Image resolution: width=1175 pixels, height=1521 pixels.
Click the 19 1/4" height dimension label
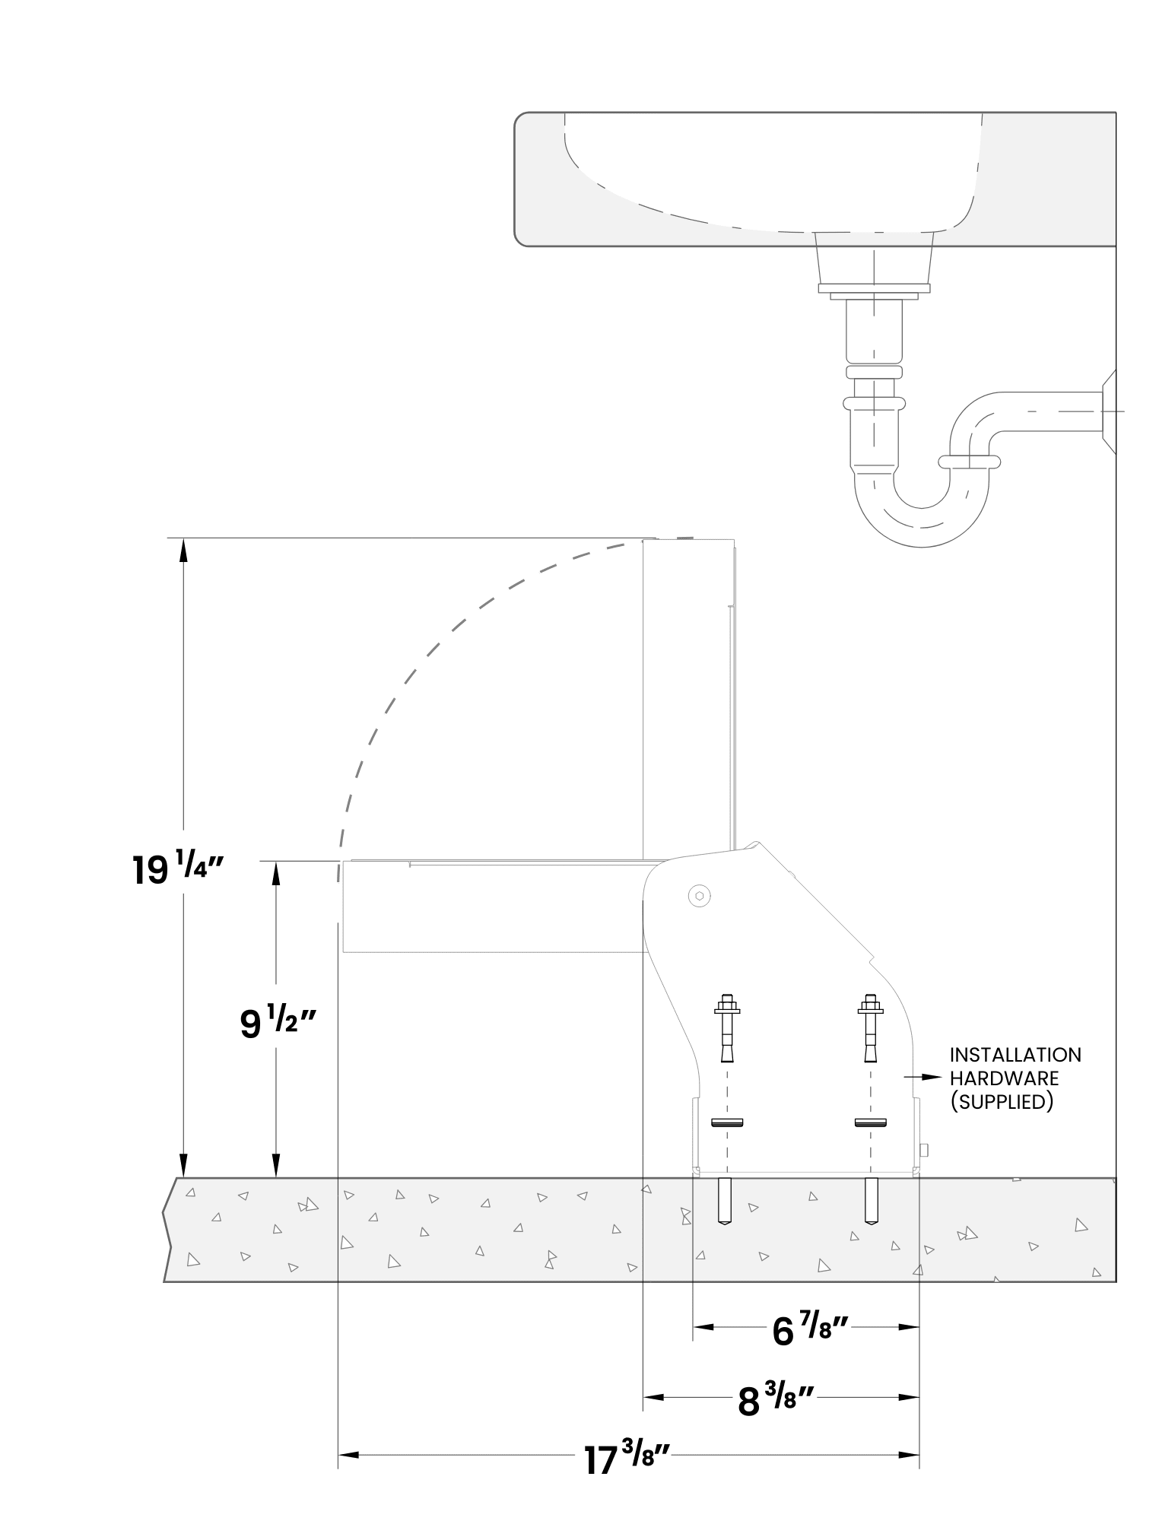[x=177, y=869]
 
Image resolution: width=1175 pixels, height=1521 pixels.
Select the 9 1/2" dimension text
[x=276, y=1023]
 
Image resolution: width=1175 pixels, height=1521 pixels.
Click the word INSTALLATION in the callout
[x=1015, y=1055]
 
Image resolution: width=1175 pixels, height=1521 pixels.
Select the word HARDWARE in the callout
[x=1004, y=1078]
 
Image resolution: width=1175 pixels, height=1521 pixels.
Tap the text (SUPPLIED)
[x=1002, y=1102]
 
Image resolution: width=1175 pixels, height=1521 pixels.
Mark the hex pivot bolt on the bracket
[x=699, y=896]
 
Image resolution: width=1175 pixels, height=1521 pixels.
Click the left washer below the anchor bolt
[x=728, y=1122]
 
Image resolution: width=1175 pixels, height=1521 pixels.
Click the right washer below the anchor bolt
[x=871, y=1122]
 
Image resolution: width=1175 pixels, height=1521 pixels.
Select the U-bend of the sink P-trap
[x=923, y=517]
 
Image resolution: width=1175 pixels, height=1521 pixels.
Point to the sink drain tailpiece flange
[x=874, y=290]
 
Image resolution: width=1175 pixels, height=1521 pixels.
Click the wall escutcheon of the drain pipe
[x=1109, y=411]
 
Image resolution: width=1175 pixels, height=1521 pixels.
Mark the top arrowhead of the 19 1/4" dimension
[x=183, y=551]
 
